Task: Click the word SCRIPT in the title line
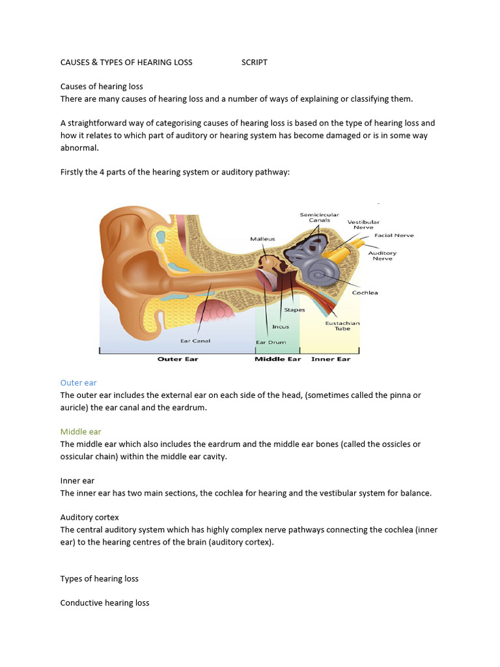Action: [x=254, y=63]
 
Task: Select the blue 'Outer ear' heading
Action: [x=78, y=383]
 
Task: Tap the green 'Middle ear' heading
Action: [x=81, y=432]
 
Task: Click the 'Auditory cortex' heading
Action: [x=90, y=517]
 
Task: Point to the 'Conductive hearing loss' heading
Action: [x=105, y=603]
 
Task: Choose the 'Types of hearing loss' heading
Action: [x=100, y=579]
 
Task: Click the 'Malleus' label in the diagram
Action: [x=262, y=239]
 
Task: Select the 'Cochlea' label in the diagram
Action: [x=365, y=292]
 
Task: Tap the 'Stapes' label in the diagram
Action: [x=294, y=310]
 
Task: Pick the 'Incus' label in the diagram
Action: [x=281, y=327]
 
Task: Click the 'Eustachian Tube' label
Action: [x=342, y=326]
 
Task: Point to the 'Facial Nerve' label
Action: [x=394, y=235]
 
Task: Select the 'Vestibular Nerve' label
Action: [x=363, y=225]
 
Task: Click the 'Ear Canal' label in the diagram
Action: [x=195, y=341]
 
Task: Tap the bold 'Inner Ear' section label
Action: [x=331, y=359]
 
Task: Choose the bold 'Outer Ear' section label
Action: [x=178, y=359]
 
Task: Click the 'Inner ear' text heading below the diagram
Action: [x=77, y=481]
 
